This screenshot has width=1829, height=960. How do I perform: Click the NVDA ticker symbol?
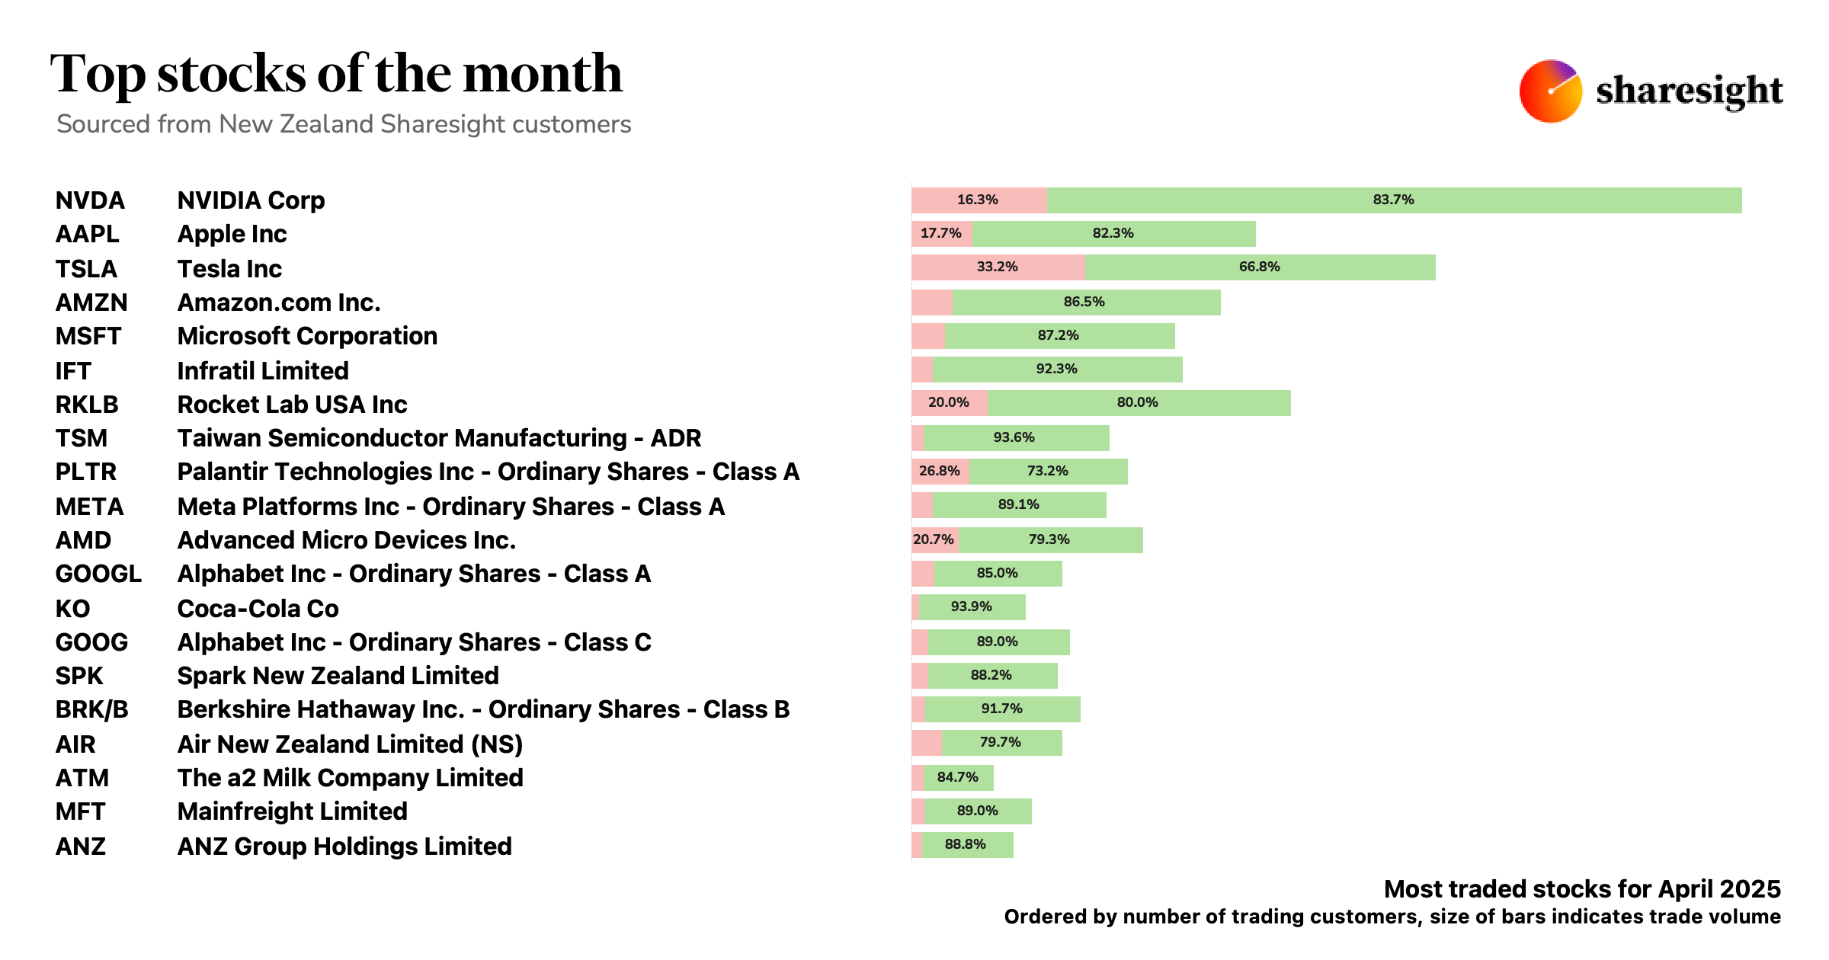tap(90, 200)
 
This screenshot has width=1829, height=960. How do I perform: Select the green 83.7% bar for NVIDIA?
tap(1393, 200)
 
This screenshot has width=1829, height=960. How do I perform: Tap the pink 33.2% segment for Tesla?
tap(998, 267)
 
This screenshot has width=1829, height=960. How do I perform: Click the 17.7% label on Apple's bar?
tap(940, 233)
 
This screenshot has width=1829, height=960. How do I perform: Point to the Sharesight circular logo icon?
tap(1550, 91)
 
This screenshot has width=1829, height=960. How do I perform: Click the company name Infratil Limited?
tap(262, 371)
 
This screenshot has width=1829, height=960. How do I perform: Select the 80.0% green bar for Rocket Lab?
tap(1139, 403)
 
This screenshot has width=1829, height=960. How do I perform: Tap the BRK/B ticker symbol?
tap(91, 709)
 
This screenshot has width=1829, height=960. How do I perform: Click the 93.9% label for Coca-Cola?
tap(971, 607)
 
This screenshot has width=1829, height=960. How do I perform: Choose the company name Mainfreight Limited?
tap(292, 811)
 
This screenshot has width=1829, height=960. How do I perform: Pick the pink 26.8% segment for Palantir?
tap(940, 472)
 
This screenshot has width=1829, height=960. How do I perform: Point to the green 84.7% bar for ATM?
tap(958, 778)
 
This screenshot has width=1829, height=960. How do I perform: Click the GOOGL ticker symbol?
tap(98, 574)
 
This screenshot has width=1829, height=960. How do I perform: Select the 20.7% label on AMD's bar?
tap(934, 540)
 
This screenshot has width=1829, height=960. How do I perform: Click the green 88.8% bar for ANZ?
tap(966, 845)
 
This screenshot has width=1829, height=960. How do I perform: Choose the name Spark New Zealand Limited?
tap(338, 676)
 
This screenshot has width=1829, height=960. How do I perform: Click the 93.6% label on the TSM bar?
tap(1014, 438)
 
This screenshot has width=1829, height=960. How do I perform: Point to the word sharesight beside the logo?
tap(1689, 91)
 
